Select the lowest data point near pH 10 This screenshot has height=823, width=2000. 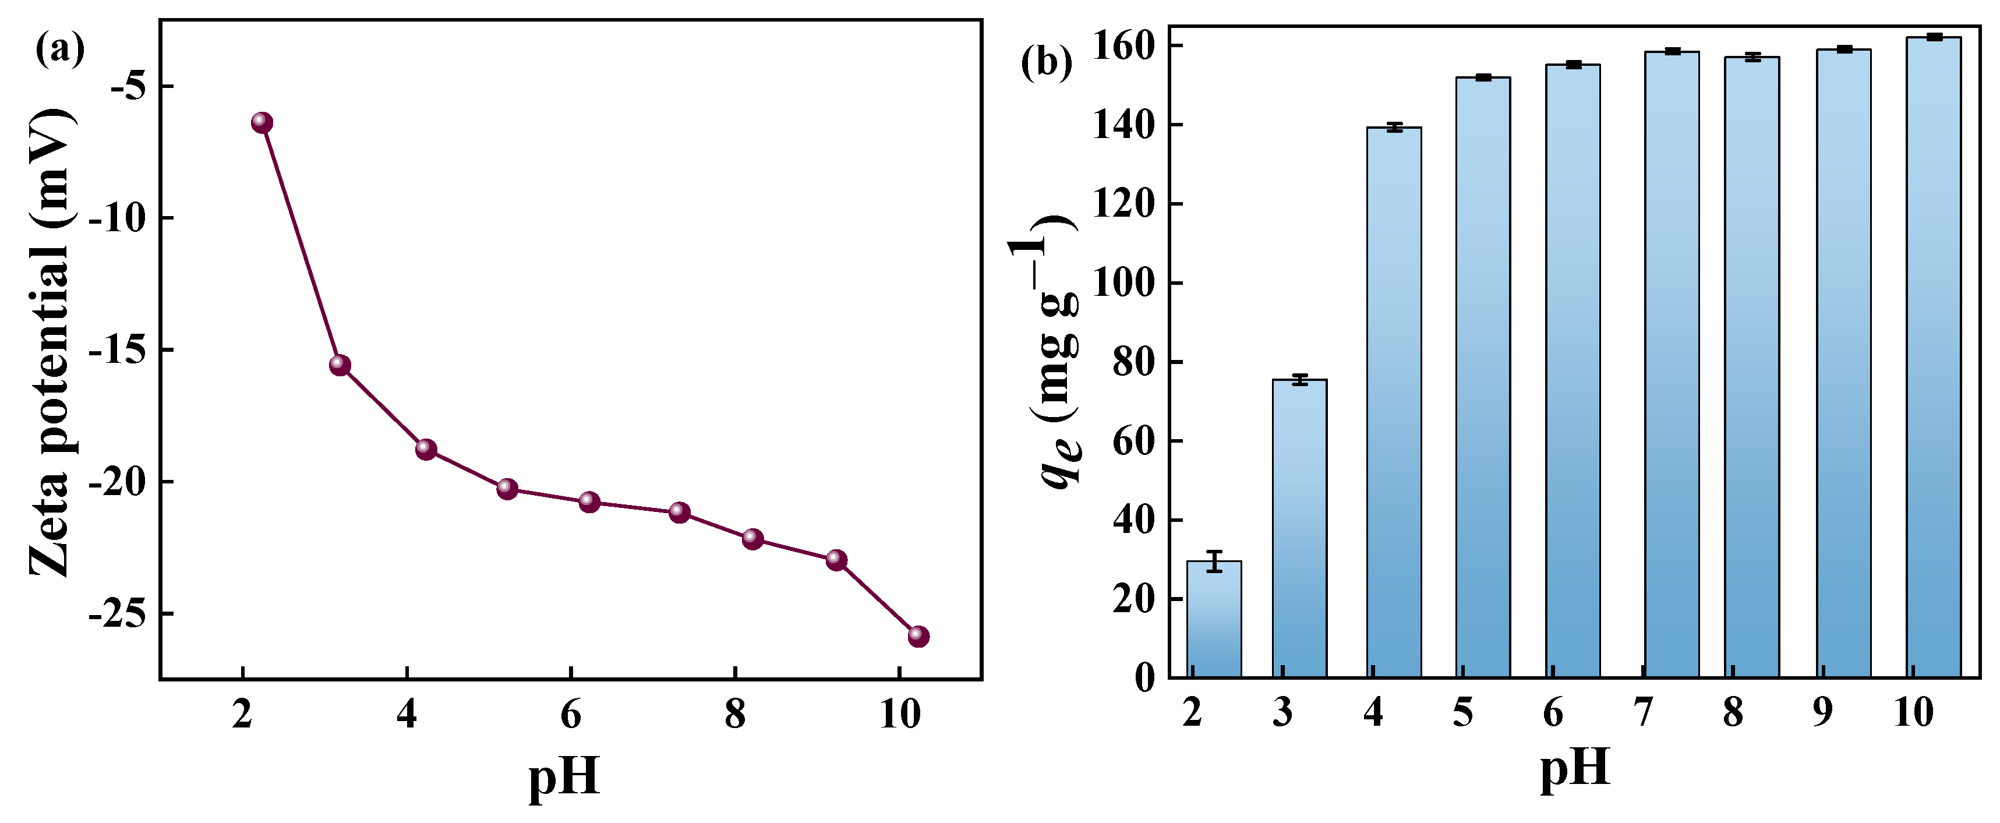coord(918,636)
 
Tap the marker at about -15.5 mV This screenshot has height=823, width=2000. coord(340,365)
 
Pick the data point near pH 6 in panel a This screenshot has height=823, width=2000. coord(589,501)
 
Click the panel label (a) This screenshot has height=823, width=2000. coord(60,50)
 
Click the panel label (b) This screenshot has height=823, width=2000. coord(1046,62)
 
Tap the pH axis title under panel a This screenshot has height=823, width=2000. coord(564,776)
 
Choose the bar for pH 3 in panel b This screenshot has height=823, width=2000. coord(1300,528)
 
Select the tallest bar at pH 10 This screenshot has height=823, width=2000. coord(1933,357)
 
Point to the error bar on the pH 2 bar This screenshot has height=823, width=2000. coord(1214,560)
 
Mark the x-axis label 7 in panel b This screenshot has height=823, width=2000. coord(1643,712)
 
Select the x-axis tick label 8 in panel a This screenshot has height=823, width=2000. coord(734,713)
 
